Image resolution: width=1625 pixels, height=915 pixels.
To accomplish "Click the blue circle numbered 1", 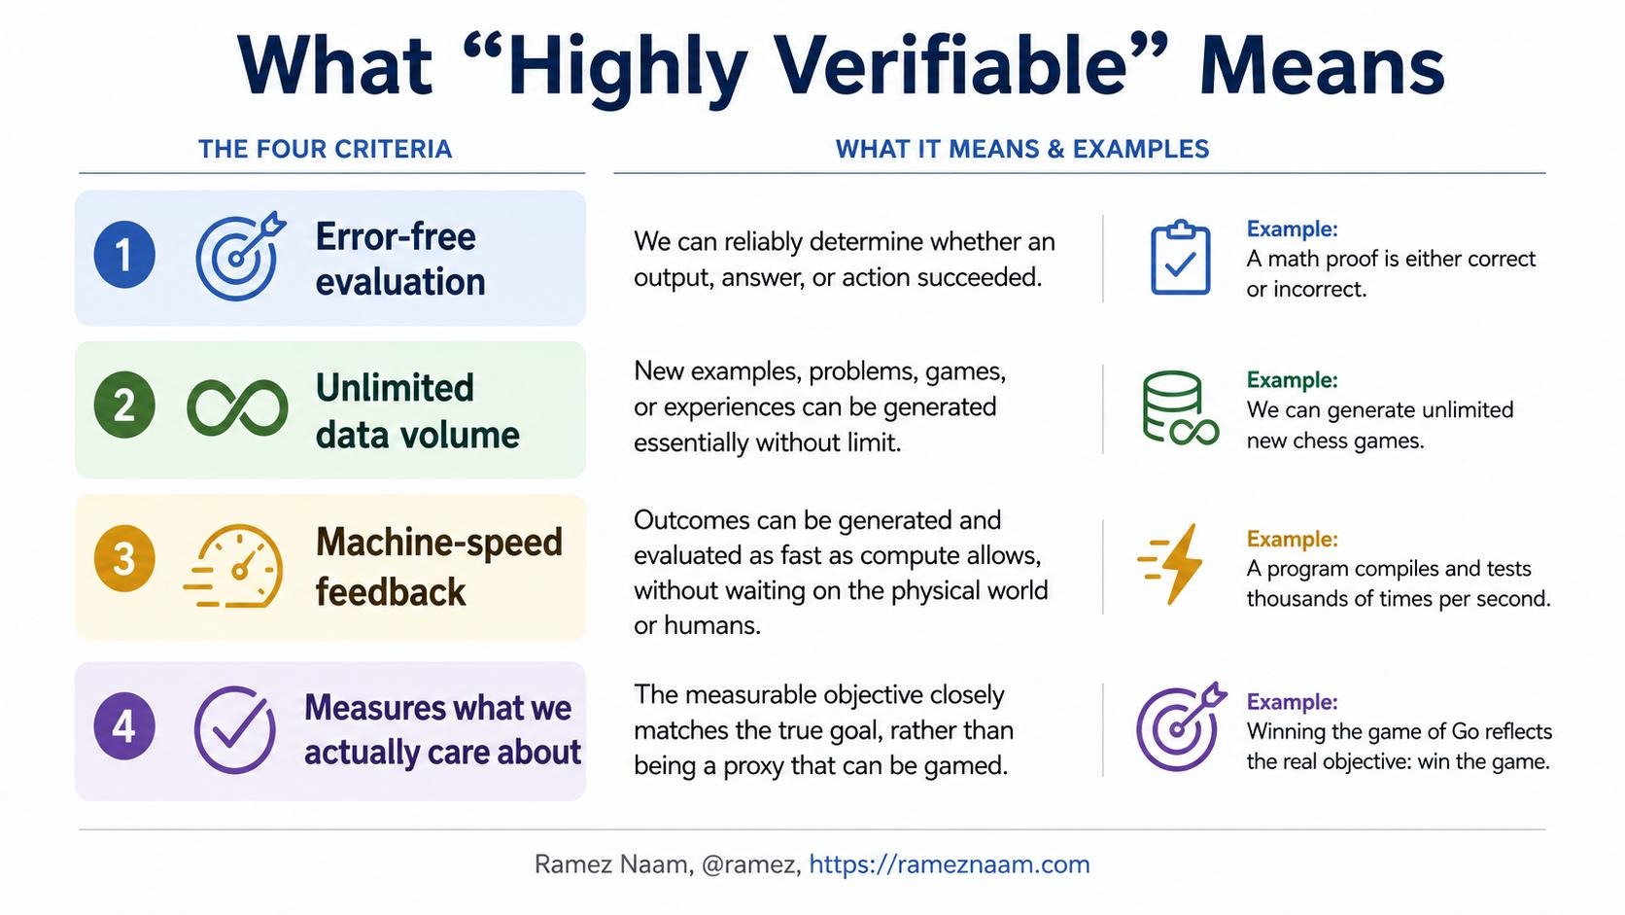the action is (x=124, y=255).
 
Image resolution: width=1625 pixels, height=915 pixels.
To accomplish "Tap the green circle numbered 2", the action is (x=124, y=405).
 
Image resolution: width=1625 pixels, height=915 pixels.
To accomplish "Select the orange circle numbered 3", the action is (x=124, y=558).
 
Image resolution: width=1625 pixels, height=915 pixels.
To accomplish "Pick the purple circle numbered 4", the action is (x=124, y=725).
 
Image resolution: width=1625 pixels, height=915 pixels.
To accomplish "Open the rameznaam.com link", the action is (x=949, y=864).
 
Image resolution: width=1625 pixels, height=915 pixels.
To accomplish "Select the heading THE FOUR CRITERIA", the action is (x=325, y=149).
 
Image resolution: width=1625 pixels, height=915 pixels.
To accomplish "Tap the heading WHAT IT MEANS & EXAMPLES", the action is (x=1022, y=149).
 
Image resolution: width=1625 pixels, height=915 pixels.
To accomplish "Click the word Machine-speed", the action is (x=439, y=543).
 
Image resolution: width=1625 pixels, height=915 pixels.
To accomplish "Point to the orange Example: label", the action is (x=1292, y=539).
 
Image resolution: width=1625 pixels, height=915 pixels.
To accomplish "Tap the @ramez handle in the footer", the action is (x=751, y=865).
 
